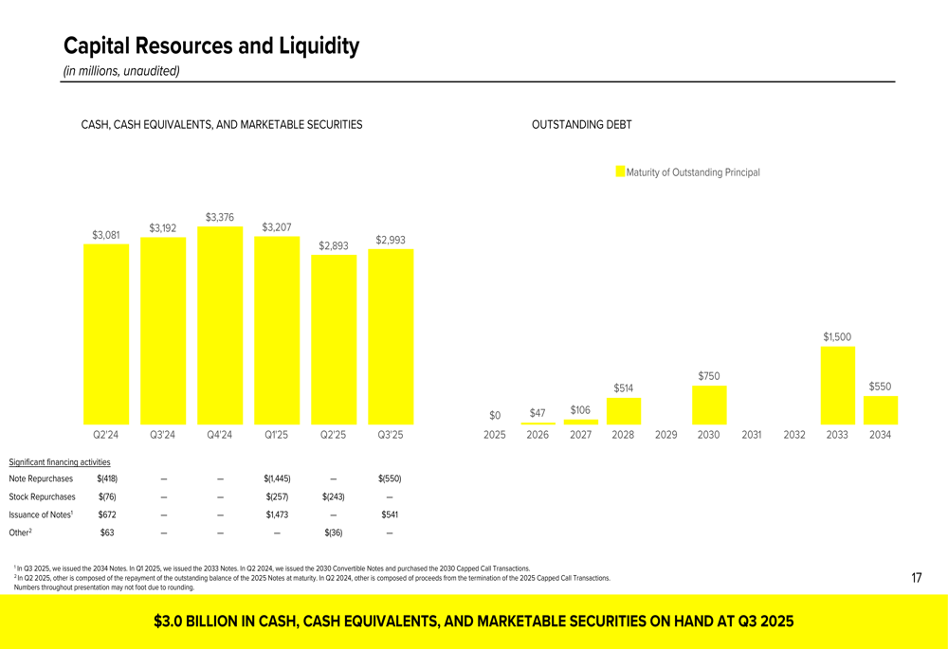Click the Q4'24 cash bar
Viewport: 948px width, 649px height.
click(x=220, y=325)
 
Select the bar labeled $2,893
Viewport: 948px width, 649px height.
click(x=334, y=339)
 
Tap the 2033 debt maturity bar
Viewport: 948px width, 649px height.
click(x=837, y=386)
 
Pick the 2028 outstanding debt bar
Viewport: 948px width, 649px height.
click(x=624, y=411)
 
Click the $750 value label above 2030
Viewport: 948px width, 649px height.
click(x=708, y=376)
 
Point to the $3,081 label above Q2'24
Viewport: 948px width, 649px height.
click(x=106, y=234)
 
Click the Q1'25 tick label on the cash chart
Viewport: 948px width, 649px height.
click(x=276, y=435)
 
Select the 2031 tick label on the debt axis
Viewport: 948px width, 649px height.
click(x=752, y=435)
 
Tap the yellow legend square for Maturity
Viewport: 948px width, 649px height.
click(x=620, y=171)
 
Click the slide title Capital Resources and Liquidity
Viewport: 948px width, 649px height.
click(x=211, y=45)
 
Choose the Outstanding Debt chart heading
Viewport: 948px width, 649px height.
click(x=582, y=124)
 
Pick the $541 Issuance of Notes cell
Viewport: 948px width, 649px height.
click(x=390, y=514)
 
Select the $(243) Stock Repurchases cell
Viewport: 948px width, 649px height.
click(x=333, y=496)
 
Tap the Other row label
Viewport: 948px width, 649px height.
click(x=20, y=532)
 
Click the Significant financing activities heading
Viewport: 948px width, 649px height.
click(x=59, y=462)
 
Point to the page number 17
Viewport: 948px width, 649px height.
click(x=917, y=578)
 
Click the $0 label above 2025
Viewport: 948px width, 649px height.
click(x=495, y=415)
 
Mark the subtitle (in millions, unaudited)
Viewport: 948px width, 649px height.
click(x=121, y=71)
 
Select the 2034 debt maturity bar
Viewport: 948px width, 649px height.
click(x=881, y=410)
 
